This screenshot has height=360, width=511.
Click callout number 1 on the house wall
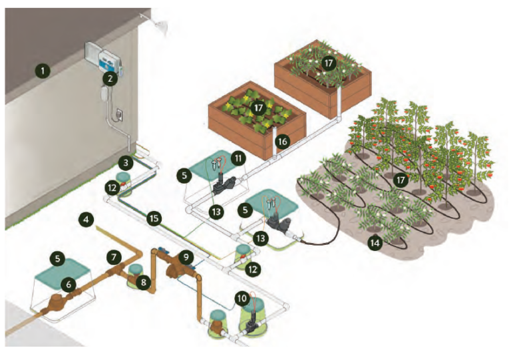43,70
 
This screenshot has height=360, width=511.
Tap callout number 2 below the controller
108,79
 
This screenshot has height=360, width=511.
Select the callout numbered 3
126,162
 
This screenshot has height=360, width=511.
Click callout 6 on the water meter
67,283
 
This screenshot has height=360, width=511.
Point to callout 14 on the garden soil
375,244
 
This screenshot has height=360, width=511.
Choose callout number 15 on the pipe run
154,218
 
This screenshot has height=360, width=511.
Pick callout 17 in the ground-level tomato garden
399,179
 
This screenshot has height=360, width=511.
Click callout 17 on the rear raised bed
327,63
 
